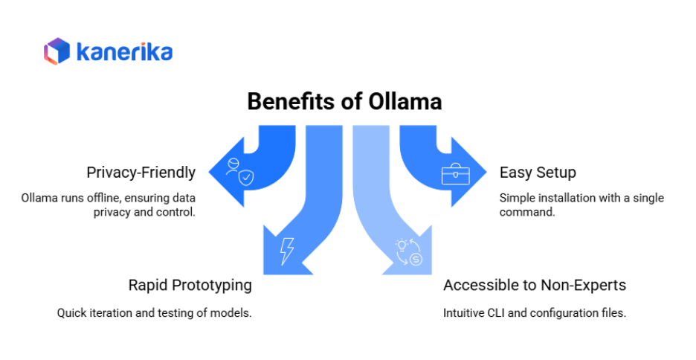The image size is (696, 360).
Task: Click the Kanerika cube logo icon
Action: (57, 51)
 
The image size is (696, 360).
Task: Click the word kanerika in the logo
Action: (124, 52)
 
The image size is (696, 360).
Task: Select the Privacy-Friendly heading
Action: (141, 173)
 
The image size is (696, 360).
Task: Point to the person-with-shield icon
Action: (239, 170)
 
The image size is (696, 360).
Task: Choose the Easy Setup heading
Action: (538, 173)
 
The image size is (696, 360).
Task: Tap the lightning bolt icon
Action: (287, 251)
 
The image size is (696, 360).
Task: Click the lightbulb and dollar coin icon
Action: (407, 251)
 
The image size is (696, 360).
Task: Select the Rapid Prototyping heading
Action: (190, 285)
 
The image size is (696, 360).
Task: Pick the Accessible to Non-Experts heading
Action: (535, 285)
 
